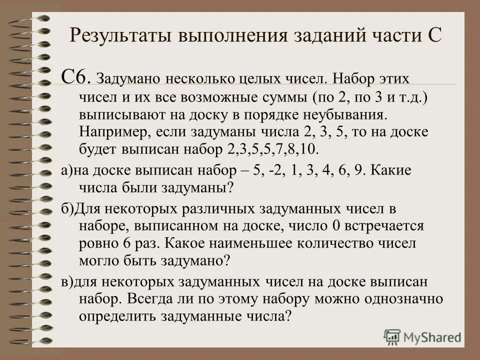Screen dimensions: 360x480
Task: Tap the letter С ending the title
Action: click(x=433, y=36)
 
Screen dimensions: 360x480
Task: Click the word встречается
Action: click(x=385, y=226)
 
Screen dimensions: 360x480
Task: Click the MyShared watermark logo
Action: click(x=423, y=336)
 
